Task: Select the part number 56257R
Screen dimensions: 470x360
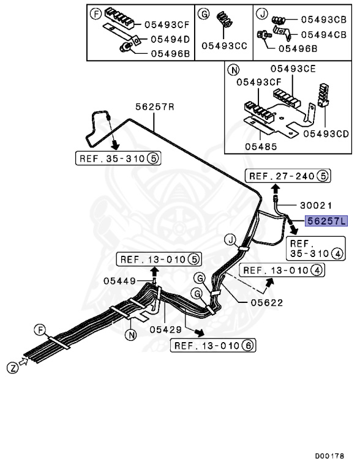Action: tap(155, 106)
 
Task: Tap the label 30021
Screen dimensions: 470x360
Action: tap(317, 207)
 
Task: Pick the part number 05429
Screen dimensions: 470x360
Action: tap(165, 329)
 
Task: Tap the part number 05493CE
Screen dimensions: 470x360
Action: tap(293, 69)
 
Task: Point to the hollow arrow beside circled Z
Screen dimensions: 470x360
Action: tap(24, 363)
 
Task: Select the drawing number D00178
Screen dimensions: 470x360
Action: tap(329, 456)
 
